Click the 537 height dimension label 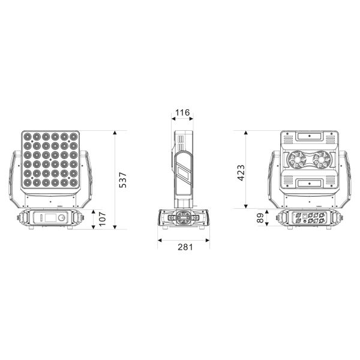[123, 180]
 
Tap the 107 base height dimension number [103, 219]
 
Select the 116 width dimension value [182, 113]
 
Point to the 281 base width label [185, 247]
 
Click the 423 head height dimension [241, 173]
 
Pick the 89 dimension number [260, 218]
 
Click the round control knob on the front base [62, 218]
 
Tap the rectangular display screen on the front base [50, 218]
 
